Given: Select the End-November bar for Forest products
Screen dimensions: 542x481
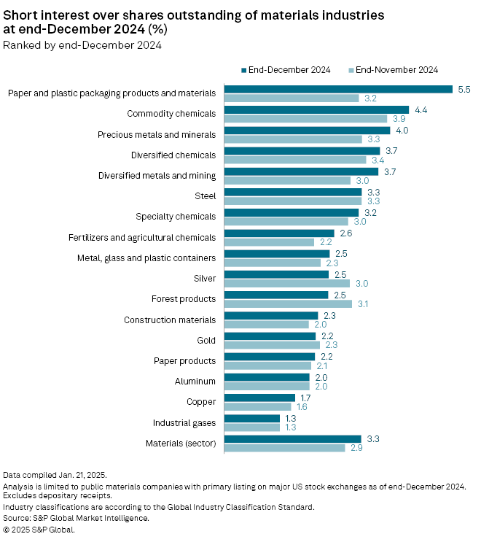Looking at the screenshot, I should point(288,303).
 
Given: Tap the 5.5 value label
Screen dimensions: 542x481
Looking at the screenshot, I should point(464,89).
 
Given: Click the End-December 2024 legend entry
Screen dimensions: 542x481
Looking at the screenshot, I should point(285,70).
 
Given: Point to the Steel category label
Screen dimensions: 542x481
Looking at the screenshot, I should point(205,196).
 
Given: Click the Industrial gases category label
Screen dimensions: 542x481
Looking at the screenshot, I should point(184,423).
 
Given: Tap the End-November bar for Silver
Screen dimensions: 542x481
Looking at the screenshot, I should point(286,283).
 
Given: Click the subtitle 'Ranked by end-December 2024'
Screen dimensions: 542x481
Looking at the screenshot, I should point(82,45).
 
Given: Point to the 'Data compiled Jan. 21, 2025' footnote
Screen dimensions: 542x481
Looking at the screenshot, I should point(55,475).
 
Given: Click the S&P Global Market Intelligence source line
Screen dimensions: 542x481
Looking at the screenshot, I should point(76,518).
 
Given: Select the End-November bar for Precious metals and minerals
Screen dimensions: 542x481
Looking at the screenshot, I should point(292,139).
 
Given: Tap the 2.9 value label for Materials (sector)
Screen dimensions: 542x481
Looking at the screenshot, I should point(356,448).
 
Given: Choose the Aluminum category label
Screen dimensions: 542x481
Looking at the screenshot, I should point(195,382).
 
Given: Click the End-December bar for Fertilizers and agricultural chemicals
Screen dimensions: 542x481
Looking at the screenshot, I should point(278,233).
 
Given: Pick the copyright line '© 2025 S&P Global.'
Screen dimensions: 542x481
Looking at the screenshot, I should point(39,530).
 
